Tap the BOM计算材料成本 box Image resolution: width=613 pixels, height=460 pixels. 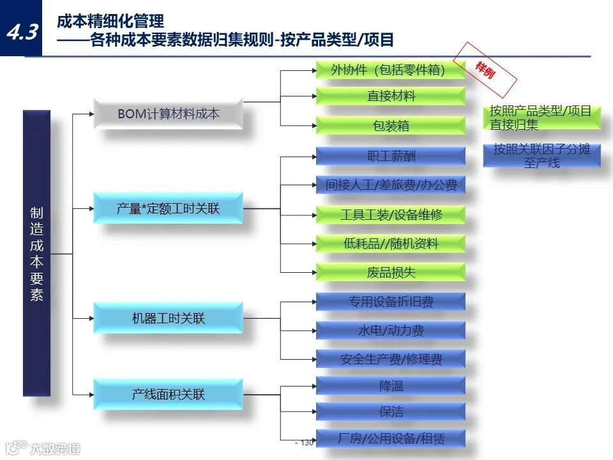click(x=168, y=114)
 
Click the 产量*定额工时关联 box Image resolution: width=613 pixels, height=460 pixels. click(x=168, y=208)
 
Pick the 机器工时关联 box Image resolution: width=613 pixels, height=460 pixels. click(x=168, y=318)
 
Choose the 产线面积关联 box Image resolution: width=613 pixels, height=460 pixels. click(x=168, y=394)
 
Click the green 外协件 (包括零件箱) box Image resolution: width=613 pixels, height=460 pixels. click(x=390, y=70)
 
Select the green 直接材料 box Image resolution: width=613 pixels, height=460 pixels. click(x=390, y=96)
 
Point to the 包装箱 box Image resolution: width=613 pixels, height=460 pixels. click(x=390, y=126)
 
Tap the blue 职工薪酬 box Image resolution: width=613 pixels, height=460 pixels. click(x=390, y=156)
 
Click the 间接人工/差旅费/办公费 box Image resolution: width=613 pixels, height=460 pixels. click(x=390, y=185)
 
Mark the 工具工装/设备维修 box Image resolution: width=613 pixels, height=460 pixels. click(x=390, y=215)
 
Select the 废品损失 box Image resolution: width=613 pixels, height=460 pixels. click(x=390, y=273)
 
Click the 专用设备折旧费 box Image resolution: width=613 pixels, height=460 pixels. click(x=390, y=302)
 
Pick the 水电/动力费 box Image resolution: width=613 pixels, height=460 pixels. click(x=390, y=330)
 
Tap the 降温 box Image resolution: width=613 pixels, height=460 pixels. click(x=390, y=386)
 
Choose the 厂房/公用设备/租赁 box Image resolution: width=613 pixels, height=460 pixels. click(x=390, y=438)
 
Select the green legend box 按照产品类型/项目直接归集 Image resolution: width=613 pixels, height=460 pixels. click(x=541, y=118)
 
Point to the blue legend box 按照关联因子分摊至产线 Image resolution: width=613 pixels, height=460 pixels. click(x=541, y=156)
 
